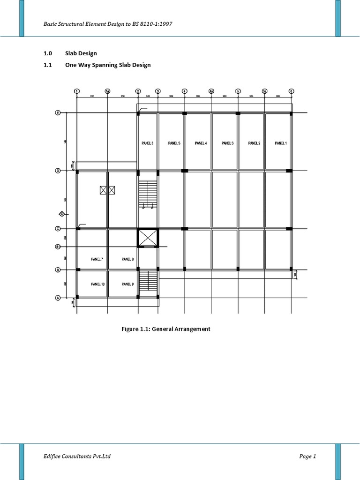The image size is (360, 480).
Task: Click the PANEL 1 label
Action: pos(281,143)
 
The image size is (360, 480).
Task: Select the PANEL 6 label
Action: pos(147,143)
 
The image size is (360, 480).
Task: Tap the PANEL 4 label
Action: pos(201,143)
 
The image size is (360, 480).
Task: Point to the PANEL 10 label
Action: pos(98,284)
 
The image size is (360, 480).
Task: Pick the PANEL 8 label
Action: pos(127,259)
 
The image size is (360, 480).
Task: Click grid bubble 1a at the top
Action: pos(108,91)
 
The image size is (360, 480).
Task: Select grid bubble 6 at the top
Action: pos(291,91)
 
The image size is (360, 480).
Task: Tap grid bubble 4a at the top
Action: pos(211,91)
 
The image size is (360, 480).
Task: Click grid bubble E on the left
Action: pos(58,112)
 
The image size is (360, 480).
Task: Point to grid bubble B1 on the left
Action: pos(58,247)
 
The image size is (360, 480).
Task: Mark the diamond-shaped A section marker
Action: pos(61,214)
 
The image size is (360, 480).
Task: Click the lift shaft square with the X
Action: pos(148,238)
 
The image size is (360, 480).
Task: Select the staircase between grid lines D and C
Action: pos(148,194)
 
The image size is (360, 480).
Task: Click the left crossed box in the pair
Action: pos(104,190)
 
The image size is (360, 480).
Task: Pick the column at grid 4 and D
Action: pos(185,171)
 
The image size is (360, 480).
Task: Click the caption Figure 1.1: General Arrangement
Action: pos(166,329)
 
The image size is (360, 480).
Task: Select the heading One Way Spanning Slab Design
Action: pos(108,65)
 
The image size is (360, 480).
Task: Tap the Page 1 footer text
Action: pos(307,456)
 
